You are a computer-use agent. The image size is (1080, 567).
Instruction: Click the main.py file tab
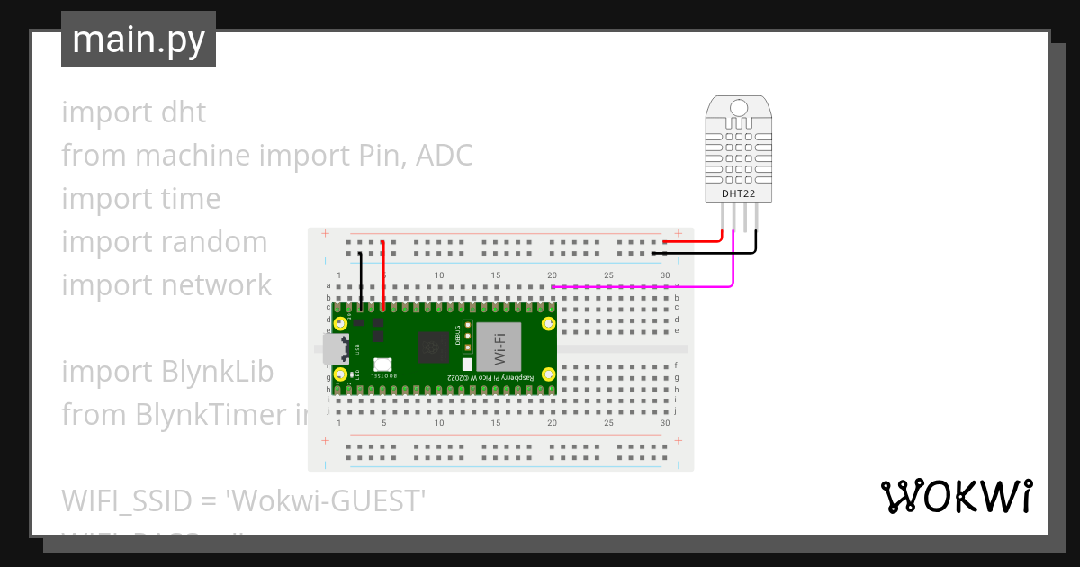[x=138, y=40]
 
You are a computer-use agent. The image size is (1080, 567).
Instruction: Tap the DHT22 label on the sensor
[x=738, y=193]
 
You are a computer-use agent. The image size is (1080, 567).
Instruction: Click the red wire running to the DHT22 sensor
[x=693, y=241]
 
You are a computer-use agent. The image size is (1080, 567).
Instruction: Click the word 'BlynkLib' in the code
[x=218, y=371]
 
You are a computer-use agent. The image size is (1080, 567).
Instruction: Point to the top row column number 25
[x=609, y=274]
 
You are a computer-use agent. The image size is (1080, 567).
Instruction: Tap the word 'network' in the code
[x=216, y=284]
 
